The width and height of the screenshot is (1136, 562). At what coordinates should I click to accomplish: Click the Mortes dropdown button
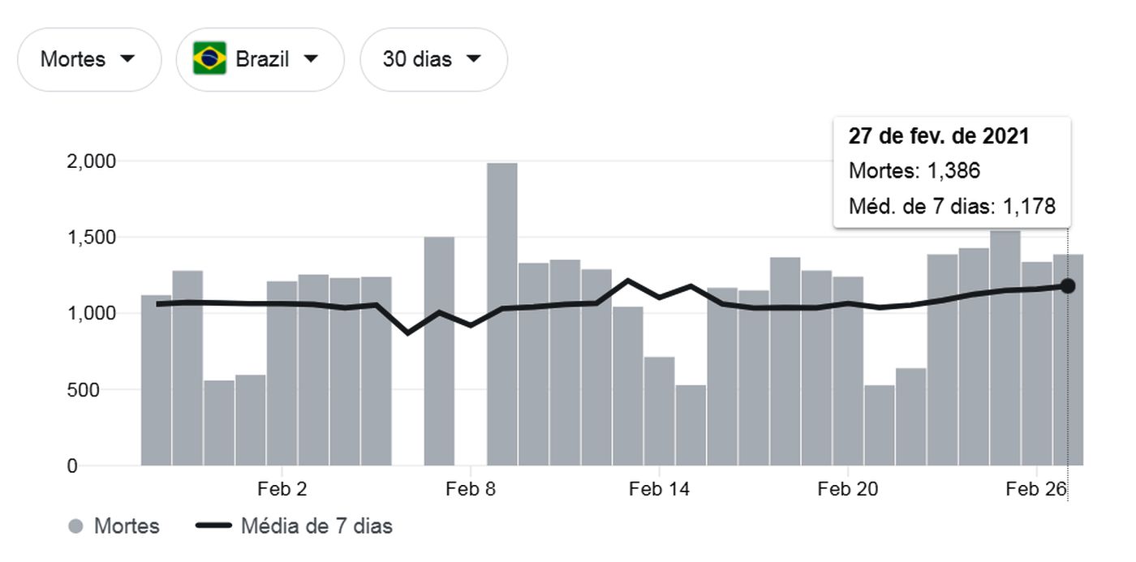(x=88, y=59)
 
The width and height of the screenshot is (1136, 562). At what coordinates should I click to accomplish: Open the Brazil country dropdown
(x=260, y=59)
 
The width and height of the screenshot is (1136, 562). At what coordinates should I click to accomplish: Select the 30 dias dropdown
(x=433, y=59)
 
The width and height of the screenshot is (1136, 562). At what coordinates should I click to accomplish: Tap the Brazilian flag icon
(x=209, y=59)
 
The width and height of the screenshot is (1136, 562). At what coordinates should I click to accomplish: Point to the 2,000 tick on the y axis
(x=89, y=161)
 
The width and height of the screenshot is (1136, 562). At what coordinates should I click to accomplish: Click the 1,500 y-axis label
(x=89, y=237)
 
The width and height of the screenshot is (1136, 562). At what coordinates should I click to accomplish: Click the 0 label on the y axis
(x=72, y=466)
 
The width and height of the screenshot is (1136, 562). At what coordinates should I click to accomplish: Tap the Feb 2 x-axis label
(x=282, y=489)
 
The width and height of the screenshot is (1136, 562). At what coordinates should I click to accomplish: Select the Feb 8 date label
(x=471, y=489)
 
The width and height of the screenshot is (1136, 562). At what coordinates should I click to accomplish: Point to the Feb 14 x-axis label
(x=658, y=489)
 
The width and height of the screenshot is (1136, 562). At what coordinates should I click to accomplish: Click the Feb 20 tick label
(x=847, y=489)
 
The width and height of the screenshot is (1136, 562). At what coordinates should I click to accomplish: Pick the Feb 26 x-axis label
(x=1035, y=489)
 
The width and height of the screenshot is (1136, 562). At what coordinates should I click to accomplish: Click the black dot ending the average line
(x=1068, y=285)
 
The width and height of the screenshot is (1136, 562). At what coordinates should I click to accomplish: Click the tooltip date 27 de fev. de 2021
(x=939, y=136)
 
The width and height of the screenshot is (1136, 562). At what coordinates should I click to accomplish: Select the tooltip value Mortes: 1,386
(x=914, y=171)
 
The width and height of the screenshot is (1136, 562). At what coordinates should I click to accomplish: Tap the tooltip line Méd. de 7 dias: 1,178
(x=952, y=207)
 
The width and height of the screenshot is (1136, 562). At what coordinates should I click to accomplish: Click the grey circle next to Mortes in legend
(x=76, y=527)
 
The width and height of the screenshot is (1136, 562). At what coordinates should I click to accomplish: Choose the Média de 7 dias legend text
(x=316, y=526)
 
